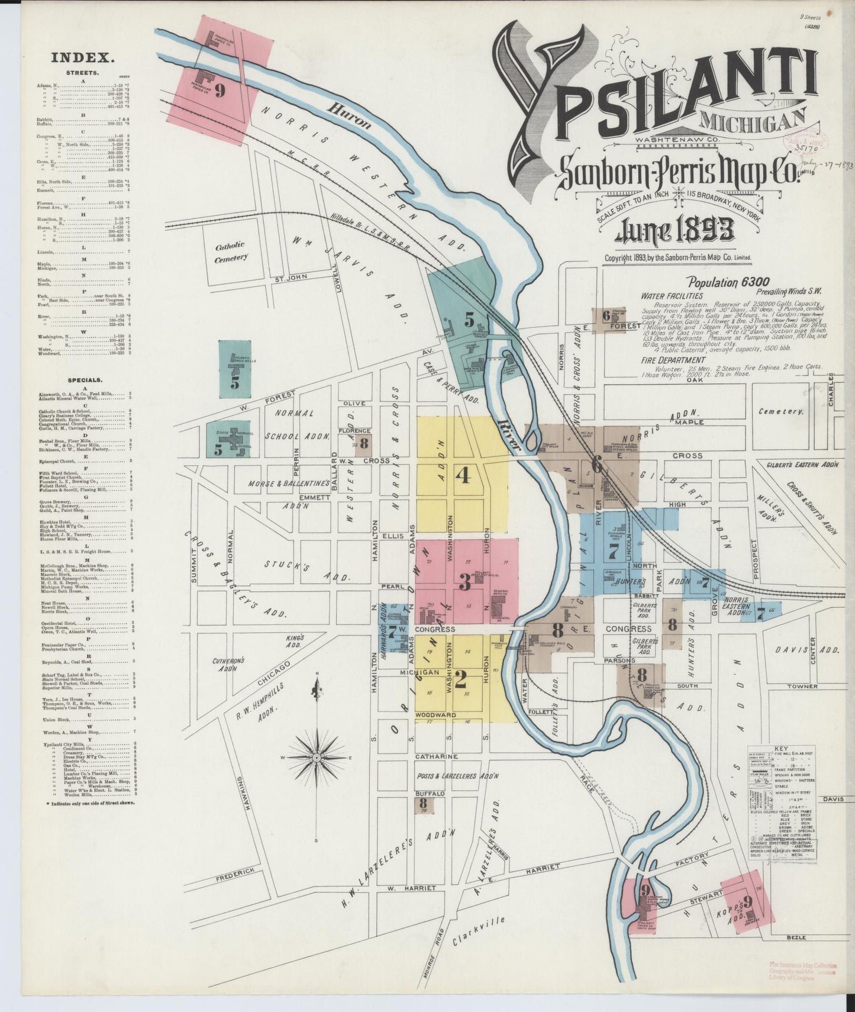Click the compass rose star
[317, 758]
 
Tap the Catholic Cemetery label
[230, 252]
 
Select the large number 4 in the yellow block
[463, 475]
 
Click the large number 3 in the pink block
[465, 583]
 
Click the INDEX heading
[82, 57]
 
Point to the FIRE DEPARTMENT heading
[673, 360]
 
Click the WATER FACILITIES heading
[672, 296]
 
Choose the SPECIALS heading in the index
[85, 380]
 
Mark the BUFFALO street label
[430, 793]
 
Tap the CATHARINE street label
[437, 756]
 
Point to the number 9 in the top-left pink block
[220, 90]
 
